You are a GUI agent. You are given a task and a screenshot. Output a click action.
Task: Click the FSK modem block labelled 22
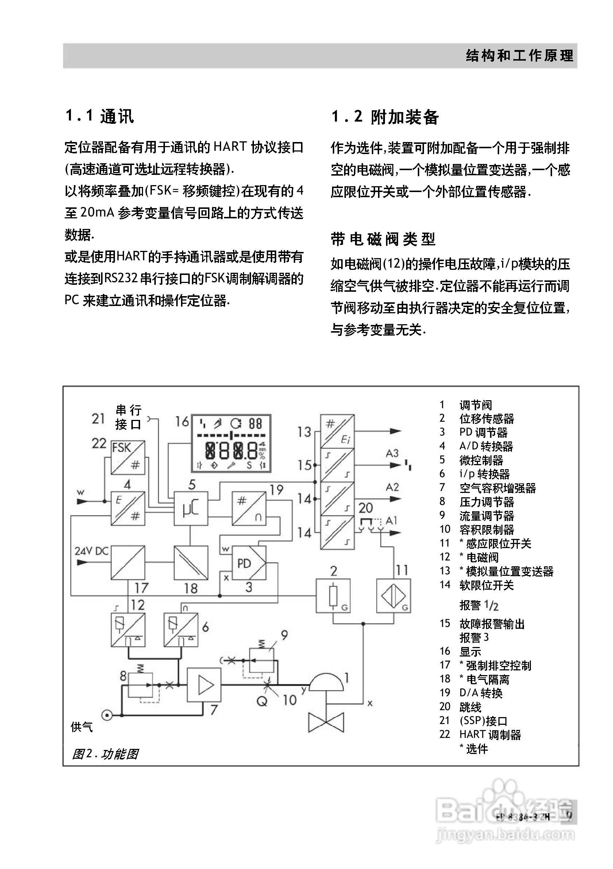[x=128, y=457]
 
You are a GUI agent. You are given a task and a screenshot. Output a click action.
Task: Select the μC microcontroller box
[x=190, y=508]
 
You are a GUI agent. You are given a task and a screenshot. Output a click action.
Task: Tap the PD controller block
[x=248, y=563]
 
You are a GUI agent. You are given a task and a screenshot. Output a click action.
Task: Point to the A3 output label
[x=392, y=453]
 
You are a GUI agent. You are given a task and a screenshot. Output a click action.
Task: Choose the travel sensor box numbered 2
[x=333, y=596]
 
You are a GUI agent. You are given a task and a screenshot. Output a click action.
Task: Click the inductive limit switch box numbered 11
[x=393, y=596]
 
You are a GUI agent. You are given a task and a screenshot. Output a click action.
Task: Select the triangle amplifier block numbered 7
[x=204, y=685]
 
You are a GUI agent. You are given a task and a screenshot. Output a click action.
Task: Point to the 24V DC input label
[x=92, y=551]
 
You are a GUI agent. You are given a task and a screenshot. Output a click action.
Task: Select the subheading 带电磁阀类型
[x=383, y=239]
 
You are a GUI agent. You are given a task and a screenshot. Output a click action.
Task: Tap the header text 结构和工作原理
[x=520, y=55]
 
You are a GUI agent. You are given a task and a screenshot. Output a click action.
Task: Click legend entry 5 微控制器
[x=481, y=460]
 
